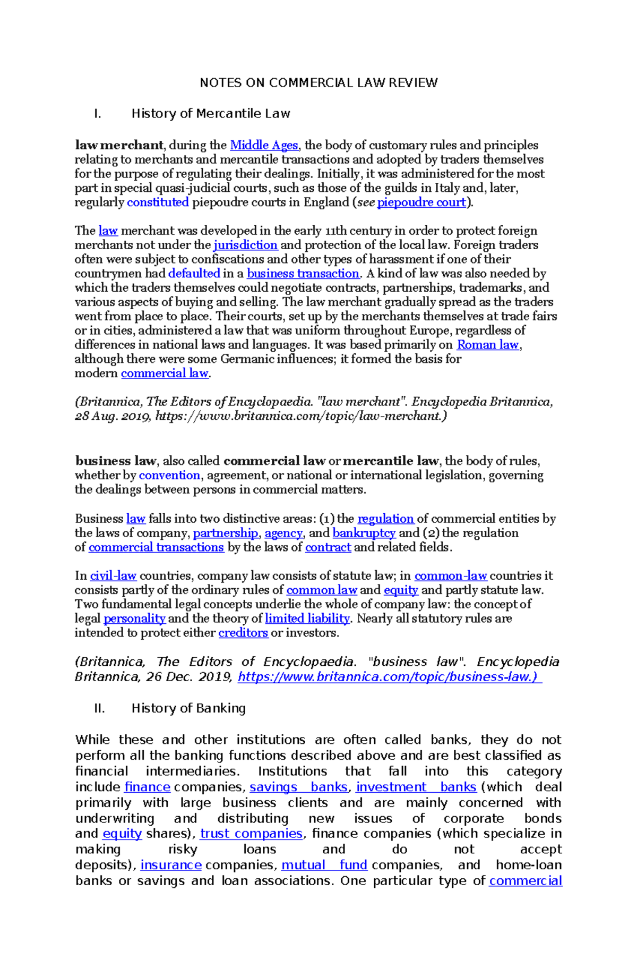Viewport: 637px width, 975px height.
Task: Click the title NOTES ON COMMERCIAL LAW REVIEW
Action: point(318,83)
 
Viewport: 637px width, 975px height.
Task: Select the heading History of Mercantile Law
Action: point(211,114)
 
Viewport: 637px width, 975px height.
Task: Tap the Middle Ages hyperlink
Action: point(264,146)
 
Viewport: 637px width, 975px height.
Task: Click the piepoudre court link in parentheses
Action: point(421,202)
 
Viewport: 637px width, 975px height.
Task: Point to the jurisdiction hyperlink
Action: point(245,245)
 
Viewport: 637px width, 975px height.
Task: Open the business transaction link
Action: point(303,274)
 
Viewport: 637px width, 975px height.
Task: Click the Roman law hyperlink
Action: point(488,345)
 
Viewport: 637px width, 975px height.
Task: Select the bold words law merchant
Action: point(119,146)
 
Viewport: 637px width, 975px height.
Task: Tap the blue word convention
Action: point(169,476)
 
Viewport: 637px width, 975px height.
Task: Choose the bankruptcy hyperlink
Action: point(364,533)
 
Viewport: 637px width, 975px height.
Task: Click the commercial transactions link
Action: point(156,547)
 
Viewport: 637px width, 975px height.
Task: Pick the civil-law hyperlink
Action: point(113,576)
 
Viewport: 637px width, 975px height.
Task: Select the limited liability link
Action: point(307,618)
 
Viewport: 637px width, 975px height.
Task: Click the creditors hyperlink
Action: point(243,633)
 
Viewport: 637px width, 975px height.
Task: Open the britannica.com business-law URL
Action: point(389,677)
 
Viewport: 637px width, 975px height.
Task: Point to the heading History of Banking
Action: point(188,708)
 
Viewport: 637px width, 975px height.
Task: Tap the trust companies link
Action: point(251,834)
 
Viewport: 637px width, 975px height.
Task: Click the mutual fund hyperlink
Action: point(324,865)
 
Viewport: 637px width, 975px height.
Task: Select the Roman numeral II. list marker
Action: point(99,708)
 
